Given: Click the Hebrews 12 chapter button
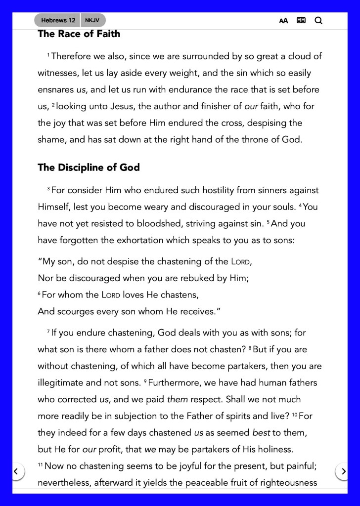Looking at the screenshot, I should coord(58,20).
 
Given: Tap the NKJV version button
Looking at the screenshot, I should coord(92,20).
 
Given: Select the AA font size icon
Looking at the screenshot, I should coord(283,21).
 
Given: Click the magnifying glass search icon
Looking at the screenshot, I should coord(318,21).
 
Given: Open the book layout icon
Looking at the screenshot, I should coord(301,21).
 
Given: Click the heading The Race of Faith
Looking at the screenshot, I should coord(79,34).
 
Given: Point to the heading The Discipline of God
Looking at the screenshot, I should coord(89,168).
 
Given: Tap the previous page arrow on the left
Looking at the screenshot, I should coord(16,471).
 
